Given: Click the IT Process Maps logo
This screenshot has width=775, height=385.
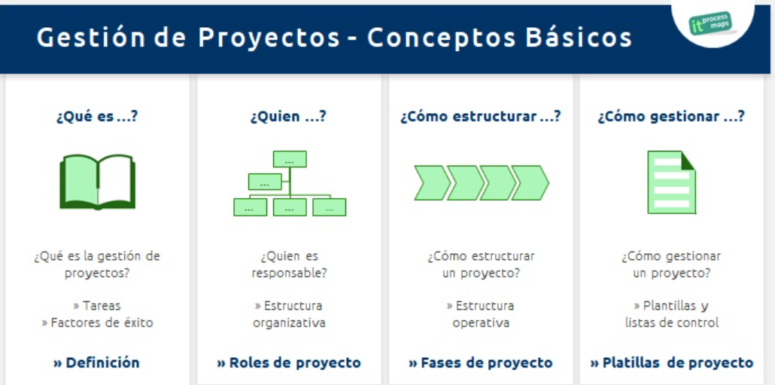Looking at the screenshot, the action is (x=711, y=23).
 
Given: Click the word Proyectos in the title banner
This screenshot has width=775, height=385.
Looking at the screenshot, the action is (x=269, y=38).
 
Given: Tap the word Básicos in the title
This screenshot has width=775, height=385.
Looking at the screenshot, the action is (x=579, y=37).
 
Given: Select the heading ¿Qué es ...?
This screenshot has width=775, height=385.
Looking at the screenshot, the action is (x=97, y=117).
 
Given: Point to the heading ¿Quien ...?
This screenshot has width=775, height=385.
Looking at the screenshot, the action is (x=288, y=117).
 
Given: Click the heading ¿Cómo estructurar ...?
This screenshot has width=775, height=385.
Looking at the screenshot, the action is (x=480, y=117).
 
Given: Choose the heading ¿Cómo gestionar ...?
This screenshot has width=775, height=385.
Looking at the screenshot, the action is (x=671, y=118).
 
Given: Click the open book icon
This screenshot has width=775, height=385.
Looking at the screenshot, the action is (x=97, y=182).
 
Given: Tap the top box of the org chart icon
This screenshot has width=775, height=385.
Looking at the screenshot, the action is (x=290, y=159).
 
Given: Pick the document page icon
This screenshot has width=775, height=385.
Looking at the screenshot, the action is (x=672, y=182).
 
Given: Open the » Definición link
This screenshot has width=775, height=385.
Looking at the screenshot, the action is (x=96, y=362).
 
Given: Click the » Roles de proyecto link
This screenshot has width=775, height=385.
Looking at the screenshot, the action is (x=289, y=362).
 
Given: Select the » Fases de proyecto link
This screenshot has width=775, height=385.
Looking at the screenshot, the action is (x=480, y=362).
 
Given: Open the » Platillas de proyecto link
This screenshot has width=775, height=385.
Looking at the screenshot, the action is (x=672, y=362).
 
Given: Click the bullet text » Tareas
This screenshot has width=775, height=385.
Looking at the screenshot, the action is (x=97, y=306).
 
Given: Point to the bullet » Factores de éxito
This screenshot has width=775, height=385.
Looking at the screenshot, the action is (x=97, y=323).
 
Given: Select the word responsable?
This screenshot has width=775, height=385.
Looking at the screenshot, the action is (x=289, y=273).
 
